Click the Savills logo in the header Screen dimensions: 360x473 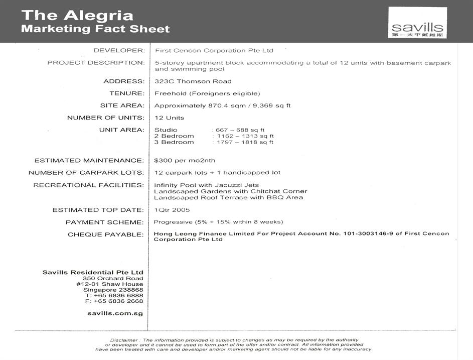point(417,23)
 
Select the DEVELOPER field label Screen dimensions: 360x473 point(119,50)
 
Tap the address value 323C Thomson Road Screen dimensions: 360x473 point(193,81)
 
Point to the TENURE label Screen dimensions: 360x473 point(127,93)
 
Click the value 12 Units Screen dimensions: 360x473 point(169,118)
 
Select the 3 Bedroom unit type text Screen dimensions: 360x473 point(174,142)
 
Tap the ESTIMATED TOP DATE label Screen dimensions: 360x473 point(98,210)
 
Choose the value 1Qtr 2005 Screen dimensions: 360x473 point(172,210)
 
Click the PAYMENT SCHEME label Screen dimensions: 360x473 point(105,222)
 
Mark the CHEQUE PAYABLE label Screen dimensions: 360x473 point(106,234)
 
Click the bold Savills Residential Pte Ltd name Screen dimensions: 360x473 point(93,272)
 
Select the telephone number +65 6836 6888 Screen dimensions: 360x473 point(114,295)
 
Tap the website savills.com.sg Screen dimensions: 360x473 point(115,313)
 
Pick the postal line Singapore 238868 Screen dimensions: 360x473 point(113,290)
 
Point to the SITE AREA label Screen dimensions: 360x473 point(122,105)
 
